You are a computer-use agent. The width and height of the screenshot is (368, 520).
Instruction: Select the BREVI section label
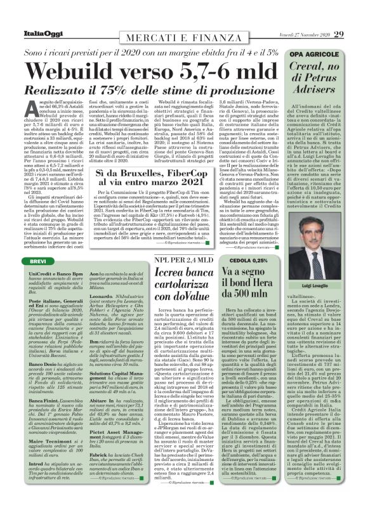[x=22, y=261]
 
